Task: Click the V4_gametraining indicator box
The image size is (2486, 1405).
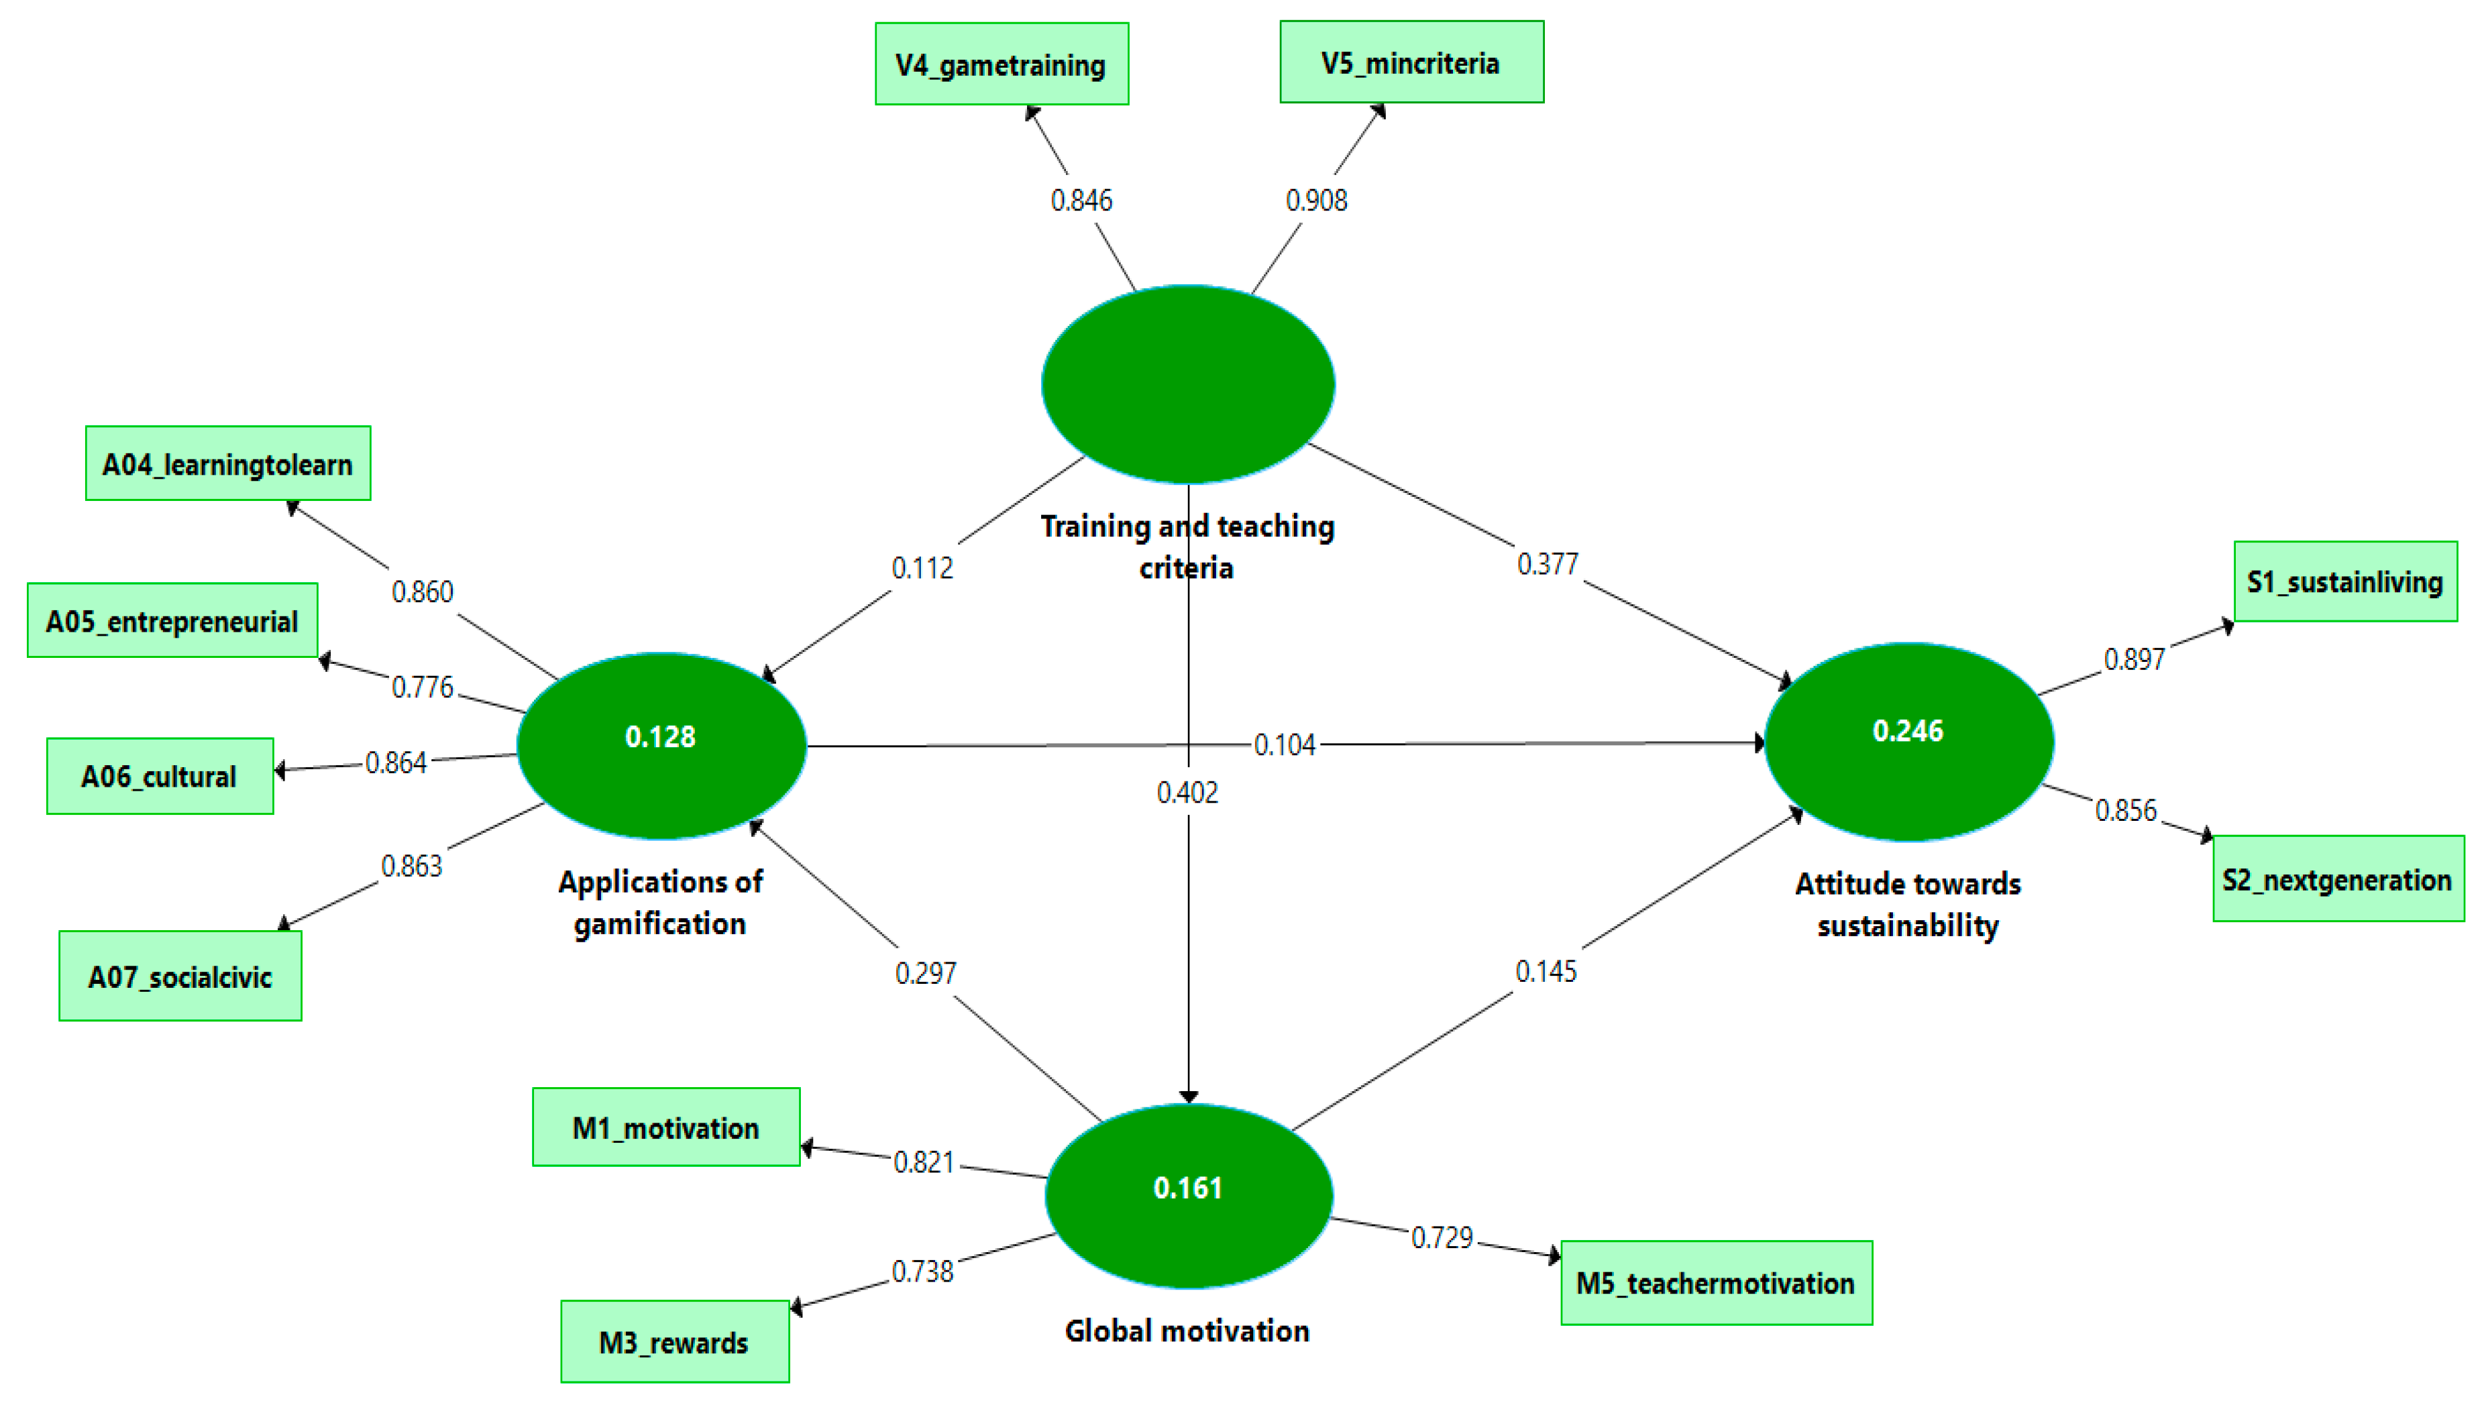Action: coord(1002,64)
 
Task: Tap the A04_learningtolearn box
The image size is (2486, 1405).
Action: coord(228,464)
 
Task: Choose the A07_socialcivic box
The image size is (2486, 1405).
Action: coord(180,976)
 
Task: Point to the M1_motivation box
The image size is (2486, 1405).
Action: coord(666,1127)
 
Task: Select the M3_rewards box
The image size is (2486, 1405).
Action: coord(675,1341)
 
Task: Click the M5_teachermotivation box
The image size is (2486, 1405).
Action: coord(1716,1282)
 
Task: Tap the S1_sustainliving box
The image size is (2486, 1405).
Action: coord(2345,582)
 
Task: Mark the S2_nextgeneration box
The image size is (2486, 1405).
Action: coord(2337,879)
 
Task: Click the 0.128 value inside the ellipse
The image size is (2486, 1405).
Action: coord(660,737)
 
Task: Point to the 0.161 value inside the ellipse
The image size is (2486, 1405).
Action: coord(1188,1188)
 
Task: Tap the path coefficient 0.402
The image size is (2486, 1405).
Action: coord(1187,792)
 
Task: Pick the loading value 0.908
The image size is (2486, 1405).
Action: coord(1316,201)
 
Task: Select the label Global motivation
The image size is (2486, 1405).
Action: coord(1187,1331)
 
